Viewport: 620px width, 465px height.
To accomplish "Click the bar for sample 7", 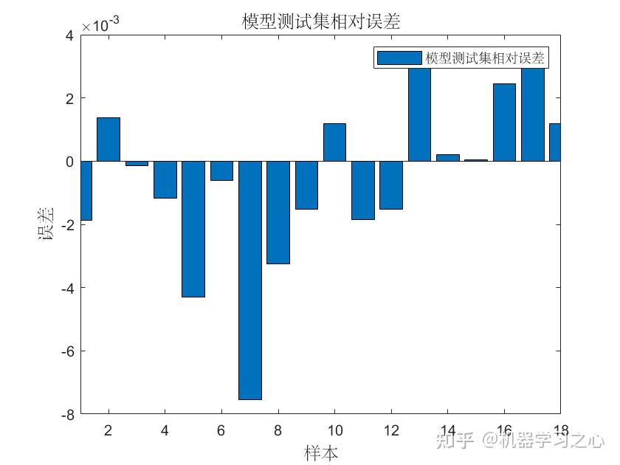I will pyautogui.click(x=249, y=280).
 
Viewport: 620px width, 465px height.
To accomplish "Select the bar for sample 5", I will pyautogui.click(x=193, y=229).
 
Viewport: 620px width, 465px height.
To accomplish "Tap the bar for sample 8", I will pyautogui.click(x=278, y=212).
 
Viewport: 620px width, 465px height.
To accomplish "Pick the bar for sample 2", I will pyautogui.click(x=108, y=139).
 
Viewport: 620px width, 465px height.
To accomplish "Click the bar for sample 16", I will pyautogui.click(x=504, y=123).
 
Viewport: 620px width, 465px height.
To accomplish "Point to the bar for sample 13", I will pyautogui.click(x=419, y=114).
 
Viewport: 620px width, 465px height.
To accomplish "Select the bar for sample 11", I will pyautogui.click(x=362, y=190).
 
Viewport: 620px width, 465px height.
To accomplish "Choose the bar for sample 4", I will pyautogui.click(x=165, y=179).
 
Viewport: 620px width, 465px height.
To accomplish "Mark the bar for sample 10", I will pyautogui.click(x=334, y=142).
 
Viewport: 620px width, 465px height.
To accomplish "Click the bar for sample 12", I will pyautogui.click(x=391, y=185).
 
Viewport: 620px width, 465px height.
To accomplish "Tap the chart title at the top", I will pyautogui.click(x=321, y=22).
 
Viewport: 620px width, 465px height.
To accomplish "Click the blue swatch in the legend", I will pyautogui.click(x=399, y=58).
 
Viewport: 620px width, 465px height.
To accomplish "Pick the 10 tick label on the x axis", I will pyautogui.click(x=334, y=430).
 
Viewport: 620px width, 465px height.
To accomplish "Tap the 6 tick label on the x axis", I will pyautogui.click(x=221, y=430).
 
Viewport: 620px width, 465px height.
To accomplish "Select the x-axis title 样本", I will pyautogui.click(x=321, y=452).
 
